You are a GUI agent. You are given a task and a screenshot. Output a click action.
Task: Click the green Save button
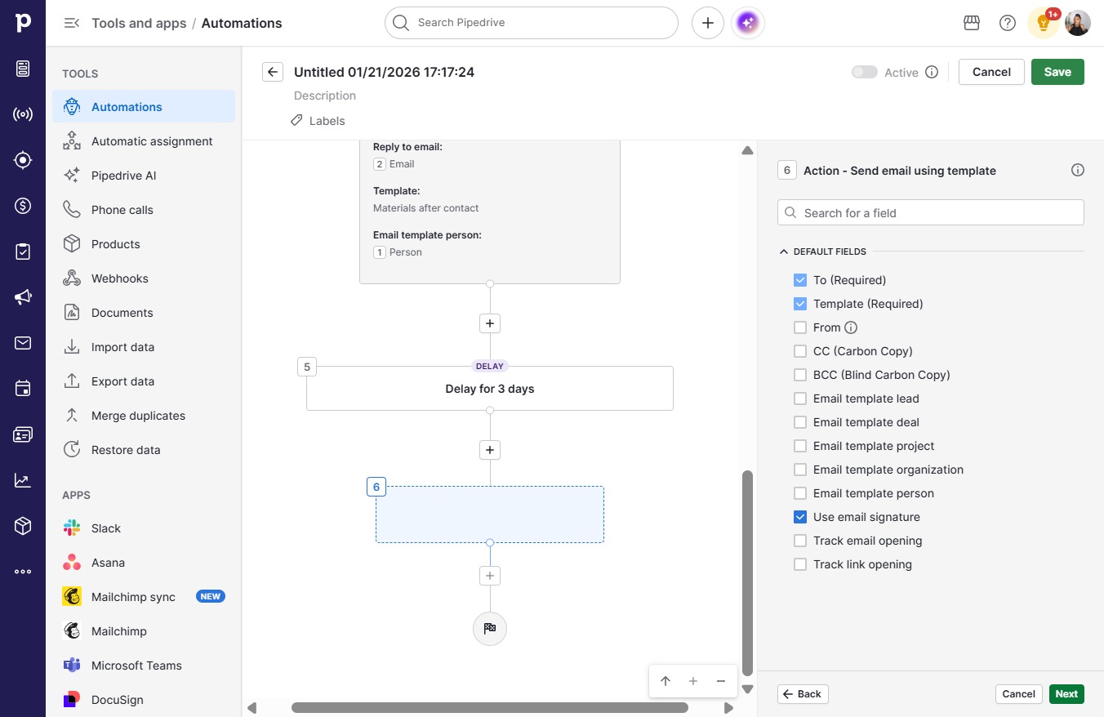coord(1057,72)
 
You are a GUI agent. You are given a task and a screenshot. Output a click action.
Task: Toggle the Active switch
coord(865,72)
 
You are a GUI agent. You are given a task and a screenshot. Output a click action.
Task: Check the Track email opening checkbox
coord(800,541)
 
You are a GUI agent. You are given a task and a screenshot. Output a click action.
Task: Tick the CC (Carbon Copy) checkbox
coord(800,351)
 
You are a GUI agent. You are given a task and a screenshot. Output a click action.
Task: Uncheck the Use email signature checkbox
coord(800,517)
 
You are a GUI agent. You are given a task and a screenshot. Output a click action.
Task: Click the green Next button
coord(1066,694)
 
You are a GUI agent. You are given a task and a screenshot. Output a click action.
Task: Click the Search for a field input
coord(931,213)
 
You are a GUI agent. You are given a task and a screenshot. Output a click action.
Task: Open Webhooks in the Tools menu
coord(120,278)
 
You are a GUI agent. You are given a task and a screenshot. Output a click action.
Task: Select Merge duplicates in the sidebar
coord(138,416)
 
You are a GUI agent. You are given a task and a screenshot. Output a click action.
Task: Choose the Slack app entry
coord(105,528)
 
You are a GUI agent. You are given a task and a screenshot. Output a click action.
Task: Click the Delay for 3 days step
coord(489,389)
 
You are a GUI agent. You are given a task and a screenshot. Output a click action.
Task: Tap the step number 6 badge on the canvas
coord(376,487)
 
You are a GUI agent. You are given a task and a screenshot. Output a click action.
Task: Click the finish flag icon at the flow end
coord(489,628)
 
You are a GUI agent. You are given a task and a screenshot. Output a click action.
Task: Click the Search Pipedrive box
coord(532,23)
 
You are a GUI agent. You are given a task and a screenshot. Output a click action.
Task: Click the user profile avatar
coord(1077,23)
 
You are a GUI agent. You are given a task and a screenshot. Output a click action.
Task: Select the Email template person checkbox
coord(800,493)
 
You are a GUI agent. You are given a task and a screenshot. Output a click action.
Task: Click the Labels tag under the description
coord(318,121)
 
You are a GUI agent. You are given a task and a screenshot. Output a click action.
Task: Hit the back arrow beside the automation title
coord(273,72)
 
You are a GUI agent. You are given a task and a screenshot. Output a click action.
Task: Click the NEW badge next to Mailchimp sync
coord(211,596)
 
